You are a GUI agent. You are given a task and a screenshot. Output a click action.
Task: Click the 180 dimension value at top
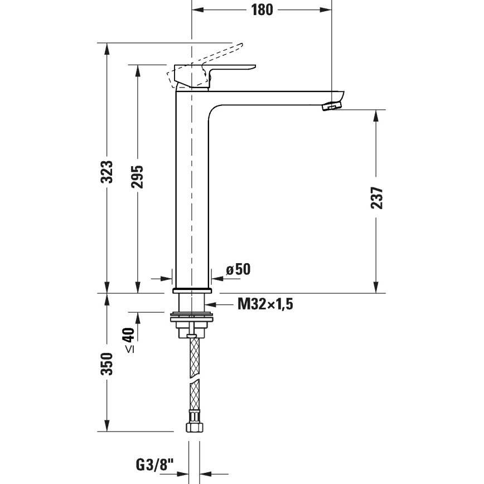click(262, 10)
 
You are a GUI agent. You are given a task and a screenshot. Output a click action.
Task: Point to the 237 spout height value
click(377, 197)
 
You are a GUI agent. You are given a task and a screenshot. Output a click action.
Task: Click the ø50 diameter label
click(238, 269)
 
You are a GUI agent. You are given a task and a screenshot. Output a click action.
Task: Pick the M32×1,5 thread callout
click(265, 304)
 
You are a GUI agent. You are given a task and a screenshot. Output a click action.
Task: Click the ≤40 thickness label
click(129, 340)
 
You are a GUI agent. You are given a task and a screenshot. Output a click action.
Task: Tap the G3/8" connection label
click(154, 464)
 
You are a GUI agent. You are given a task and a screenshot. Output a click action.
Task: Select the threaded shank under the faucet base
click(192, 303)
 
